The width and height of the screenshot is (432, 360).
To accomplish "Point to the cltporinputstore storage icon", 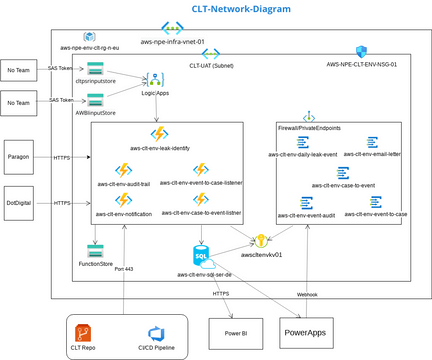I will pos(96,68).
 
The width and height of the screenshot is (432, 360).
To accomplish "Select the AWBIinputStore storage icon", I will pos(96,100).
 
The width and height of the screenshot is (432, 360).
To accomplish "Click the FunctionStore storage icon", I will pos(96,246).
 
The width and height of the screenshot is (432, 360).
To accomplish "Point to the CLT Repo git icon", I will pos(88,333).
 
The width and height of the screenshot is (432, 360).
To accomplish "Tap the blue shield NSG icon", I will pos(360,51).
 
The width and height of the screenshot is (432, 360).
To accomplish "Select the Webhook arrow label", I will pos(308,294).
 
